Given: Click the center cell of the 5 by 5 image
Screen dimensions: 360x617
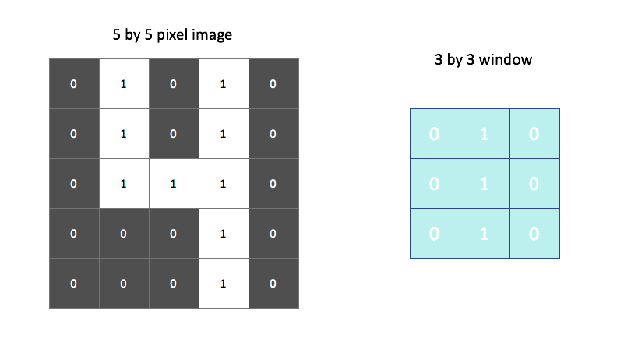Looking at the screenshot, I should click(x=173, y=183).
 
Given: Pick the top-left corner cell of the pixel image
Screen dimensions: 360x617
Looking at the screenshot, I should click(x=73, y=83).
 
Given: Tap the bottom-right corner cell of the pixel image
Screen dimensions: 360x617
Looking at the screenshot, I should click(x=273, y=283).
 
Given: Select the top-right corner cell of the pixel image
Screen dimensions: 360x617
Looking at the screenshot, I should click(x=273, y=83).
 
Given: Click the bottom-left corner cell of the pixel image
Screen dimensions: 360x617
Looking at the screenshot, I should click(x=73, y=283).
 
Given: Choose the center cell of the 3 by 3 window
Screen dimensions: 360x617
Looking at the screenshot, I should click(x=485, y=184).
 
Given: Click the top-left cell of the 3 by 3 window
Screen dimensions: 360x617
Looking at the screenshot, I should click(x=435, y=134).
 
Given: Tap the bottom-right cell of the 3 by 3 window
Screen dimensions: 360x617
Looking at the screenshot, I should click(x=534, y=234).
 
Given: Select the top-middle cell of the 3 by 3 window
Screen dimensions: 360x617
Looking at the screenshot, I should click(x=485, y=134).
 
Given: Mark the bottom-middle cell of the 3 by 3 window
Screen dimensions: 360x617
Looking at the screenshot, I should click(x=485, y=234).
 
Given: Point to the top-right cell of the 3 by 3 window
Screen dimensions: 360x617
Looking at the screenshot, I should click(x=534, y=134).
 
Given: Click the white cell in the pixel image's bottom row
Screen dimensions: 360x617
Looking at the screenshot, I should click(x=223, y=283).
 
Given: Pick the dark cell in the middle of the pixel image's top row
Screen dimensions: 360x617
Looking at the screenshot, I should click(x=173, y=83).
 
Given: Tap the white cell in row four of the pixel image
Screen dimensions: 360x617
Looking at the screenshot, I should click(x=223, y=233).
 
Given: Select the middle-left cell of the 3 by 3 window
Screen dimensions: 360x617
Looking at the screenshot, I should click(x=435, y=184).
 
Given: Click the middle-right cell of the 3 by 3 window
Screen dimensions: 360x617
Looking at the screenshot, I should click(x=534, y=184).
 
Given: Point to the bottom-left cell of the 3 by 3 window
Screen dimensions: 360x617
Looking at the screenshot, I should click(x=435, y=234).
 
